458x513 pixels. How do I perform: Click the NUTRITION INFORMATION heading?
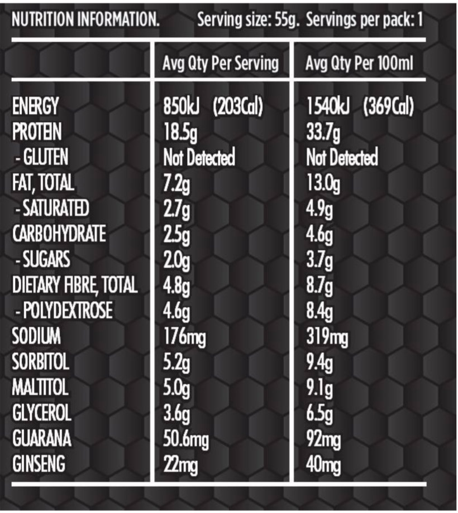click(85, 21)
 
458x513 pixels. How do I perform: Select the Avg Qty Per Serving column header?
click(220, 64)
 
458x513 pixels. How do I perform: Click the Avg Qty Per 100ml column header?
click(360, 64)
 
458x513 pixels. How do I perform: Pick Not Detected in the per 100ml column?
click(342, 158)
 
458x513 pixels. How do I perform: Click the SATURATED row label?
click(51, 209)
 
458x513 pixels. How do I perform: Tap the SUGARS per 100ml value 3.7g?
click(319, 260)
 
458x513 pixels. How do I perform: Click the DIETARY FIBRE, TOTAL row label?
click(74, 285)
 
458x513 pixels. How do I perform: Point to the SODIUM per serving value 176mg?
click(183, 337)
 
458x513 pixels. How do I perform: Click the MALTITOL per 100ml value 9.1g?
click(319, 388)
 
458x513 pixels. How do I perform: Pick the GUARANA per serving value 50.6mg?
click(185, 439)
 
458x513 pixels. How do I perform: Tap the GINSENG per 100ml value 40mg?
click(324, 464)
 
